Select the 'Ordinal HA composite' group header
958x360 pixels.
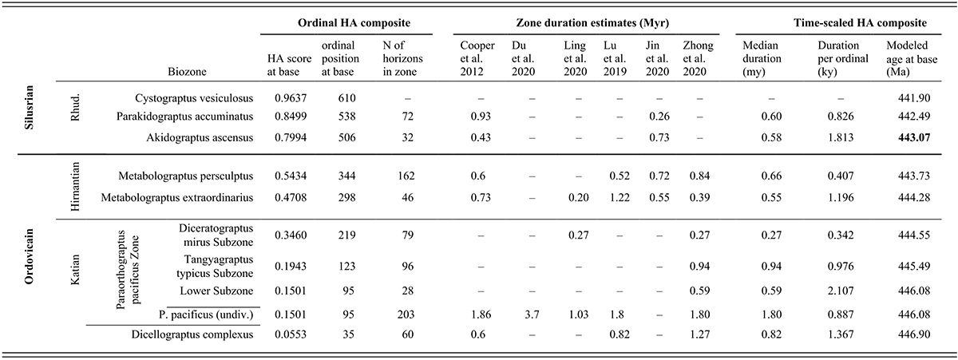click(346, 20)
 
